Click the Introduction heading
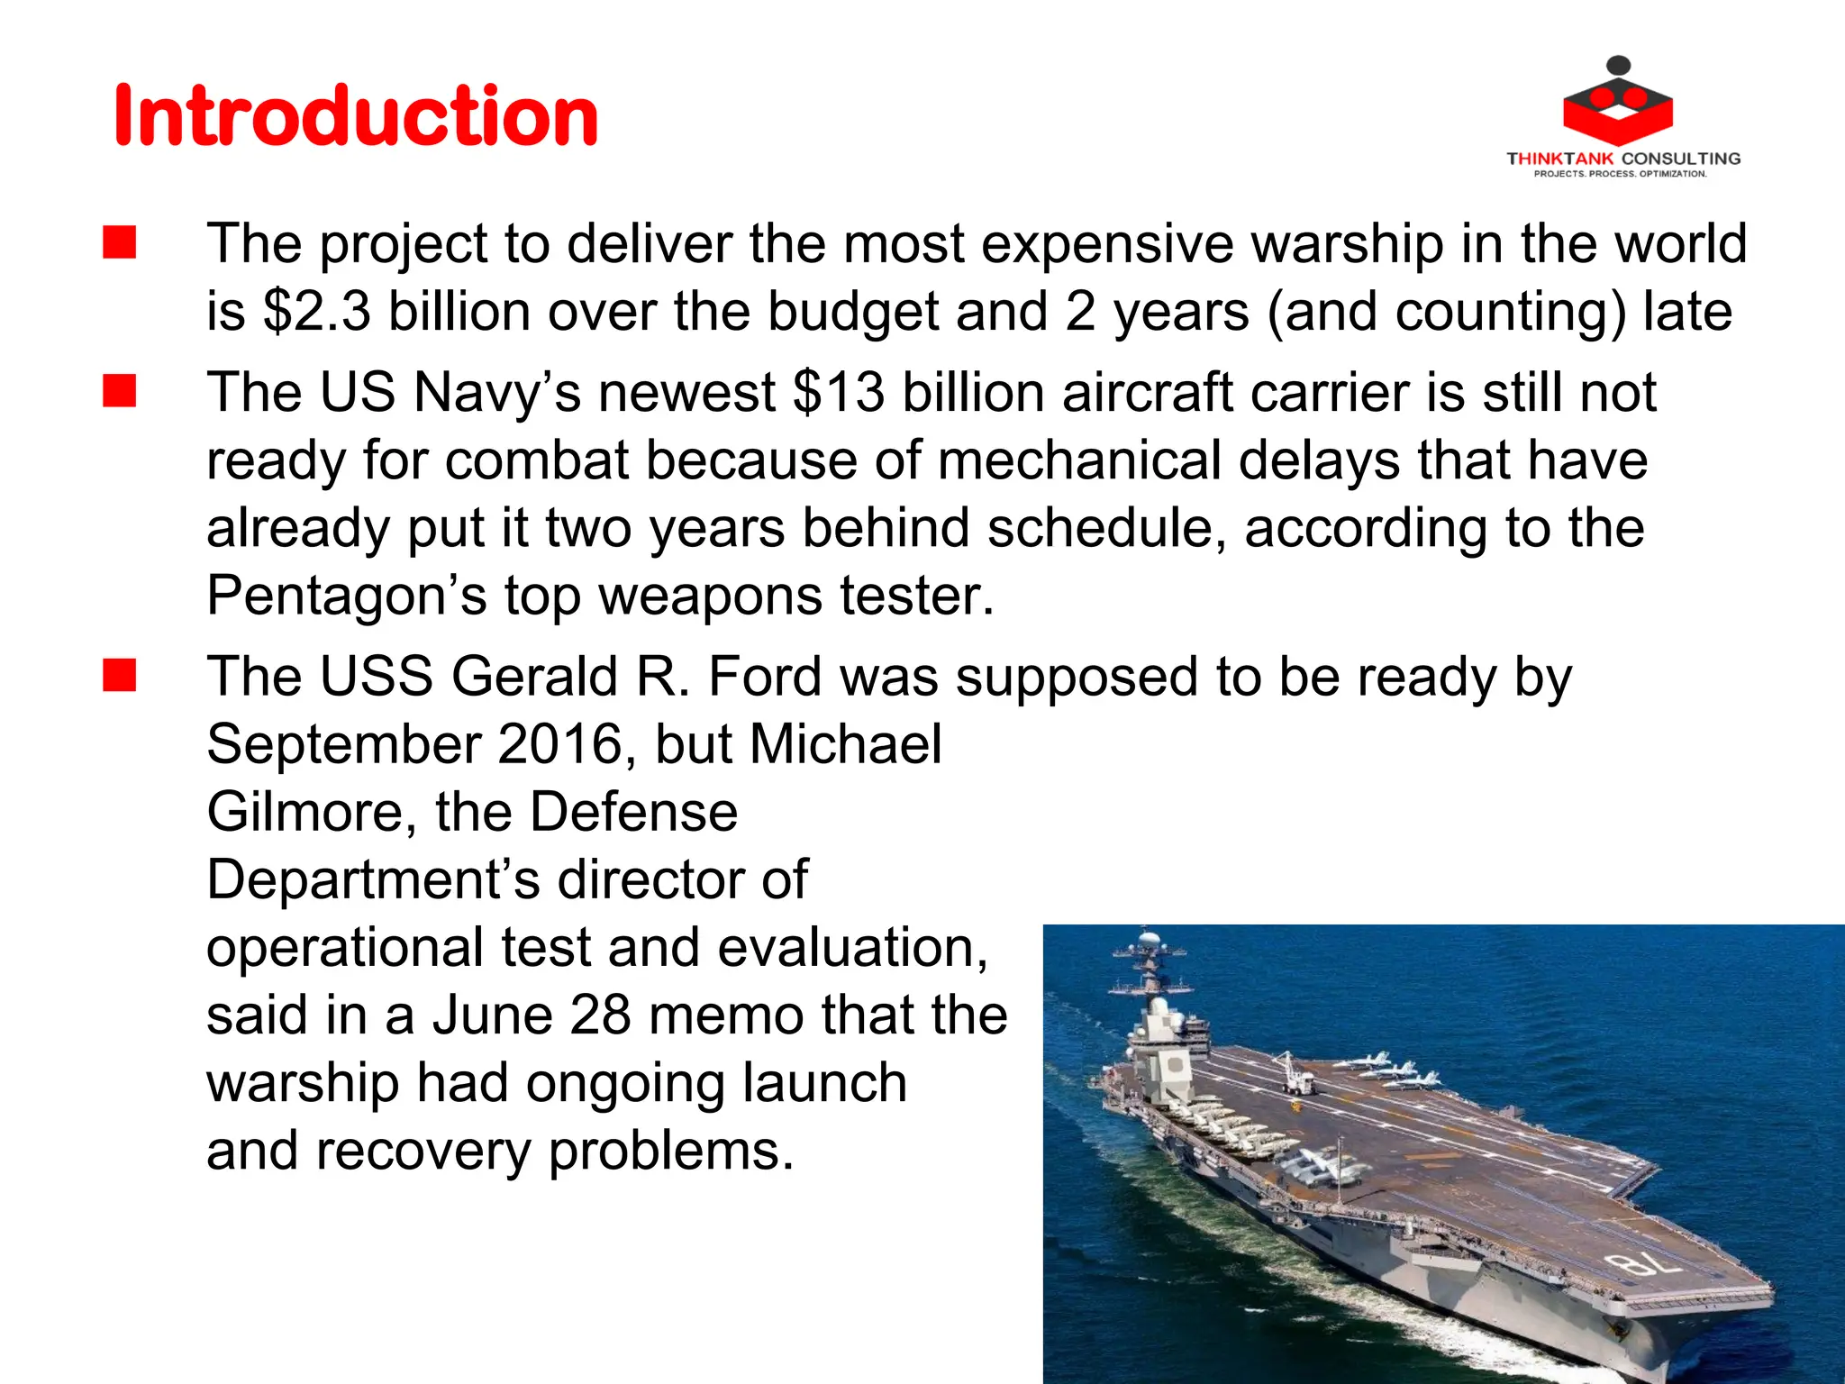(x=356, y=116)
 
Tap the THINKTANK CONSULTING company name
(x=1623, y=159)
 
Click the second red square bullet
(x=119, y=392)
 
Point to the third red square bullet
(x=119, y=676)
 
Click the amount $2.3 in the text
(x=316, y=312)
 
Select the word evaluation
(x=852, y=948)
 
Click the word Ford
(x=765, y=677)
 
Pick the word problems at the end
(x=671, y=1151)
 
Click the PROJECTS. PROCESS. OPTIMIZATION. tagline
(x=1620, y=174)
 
